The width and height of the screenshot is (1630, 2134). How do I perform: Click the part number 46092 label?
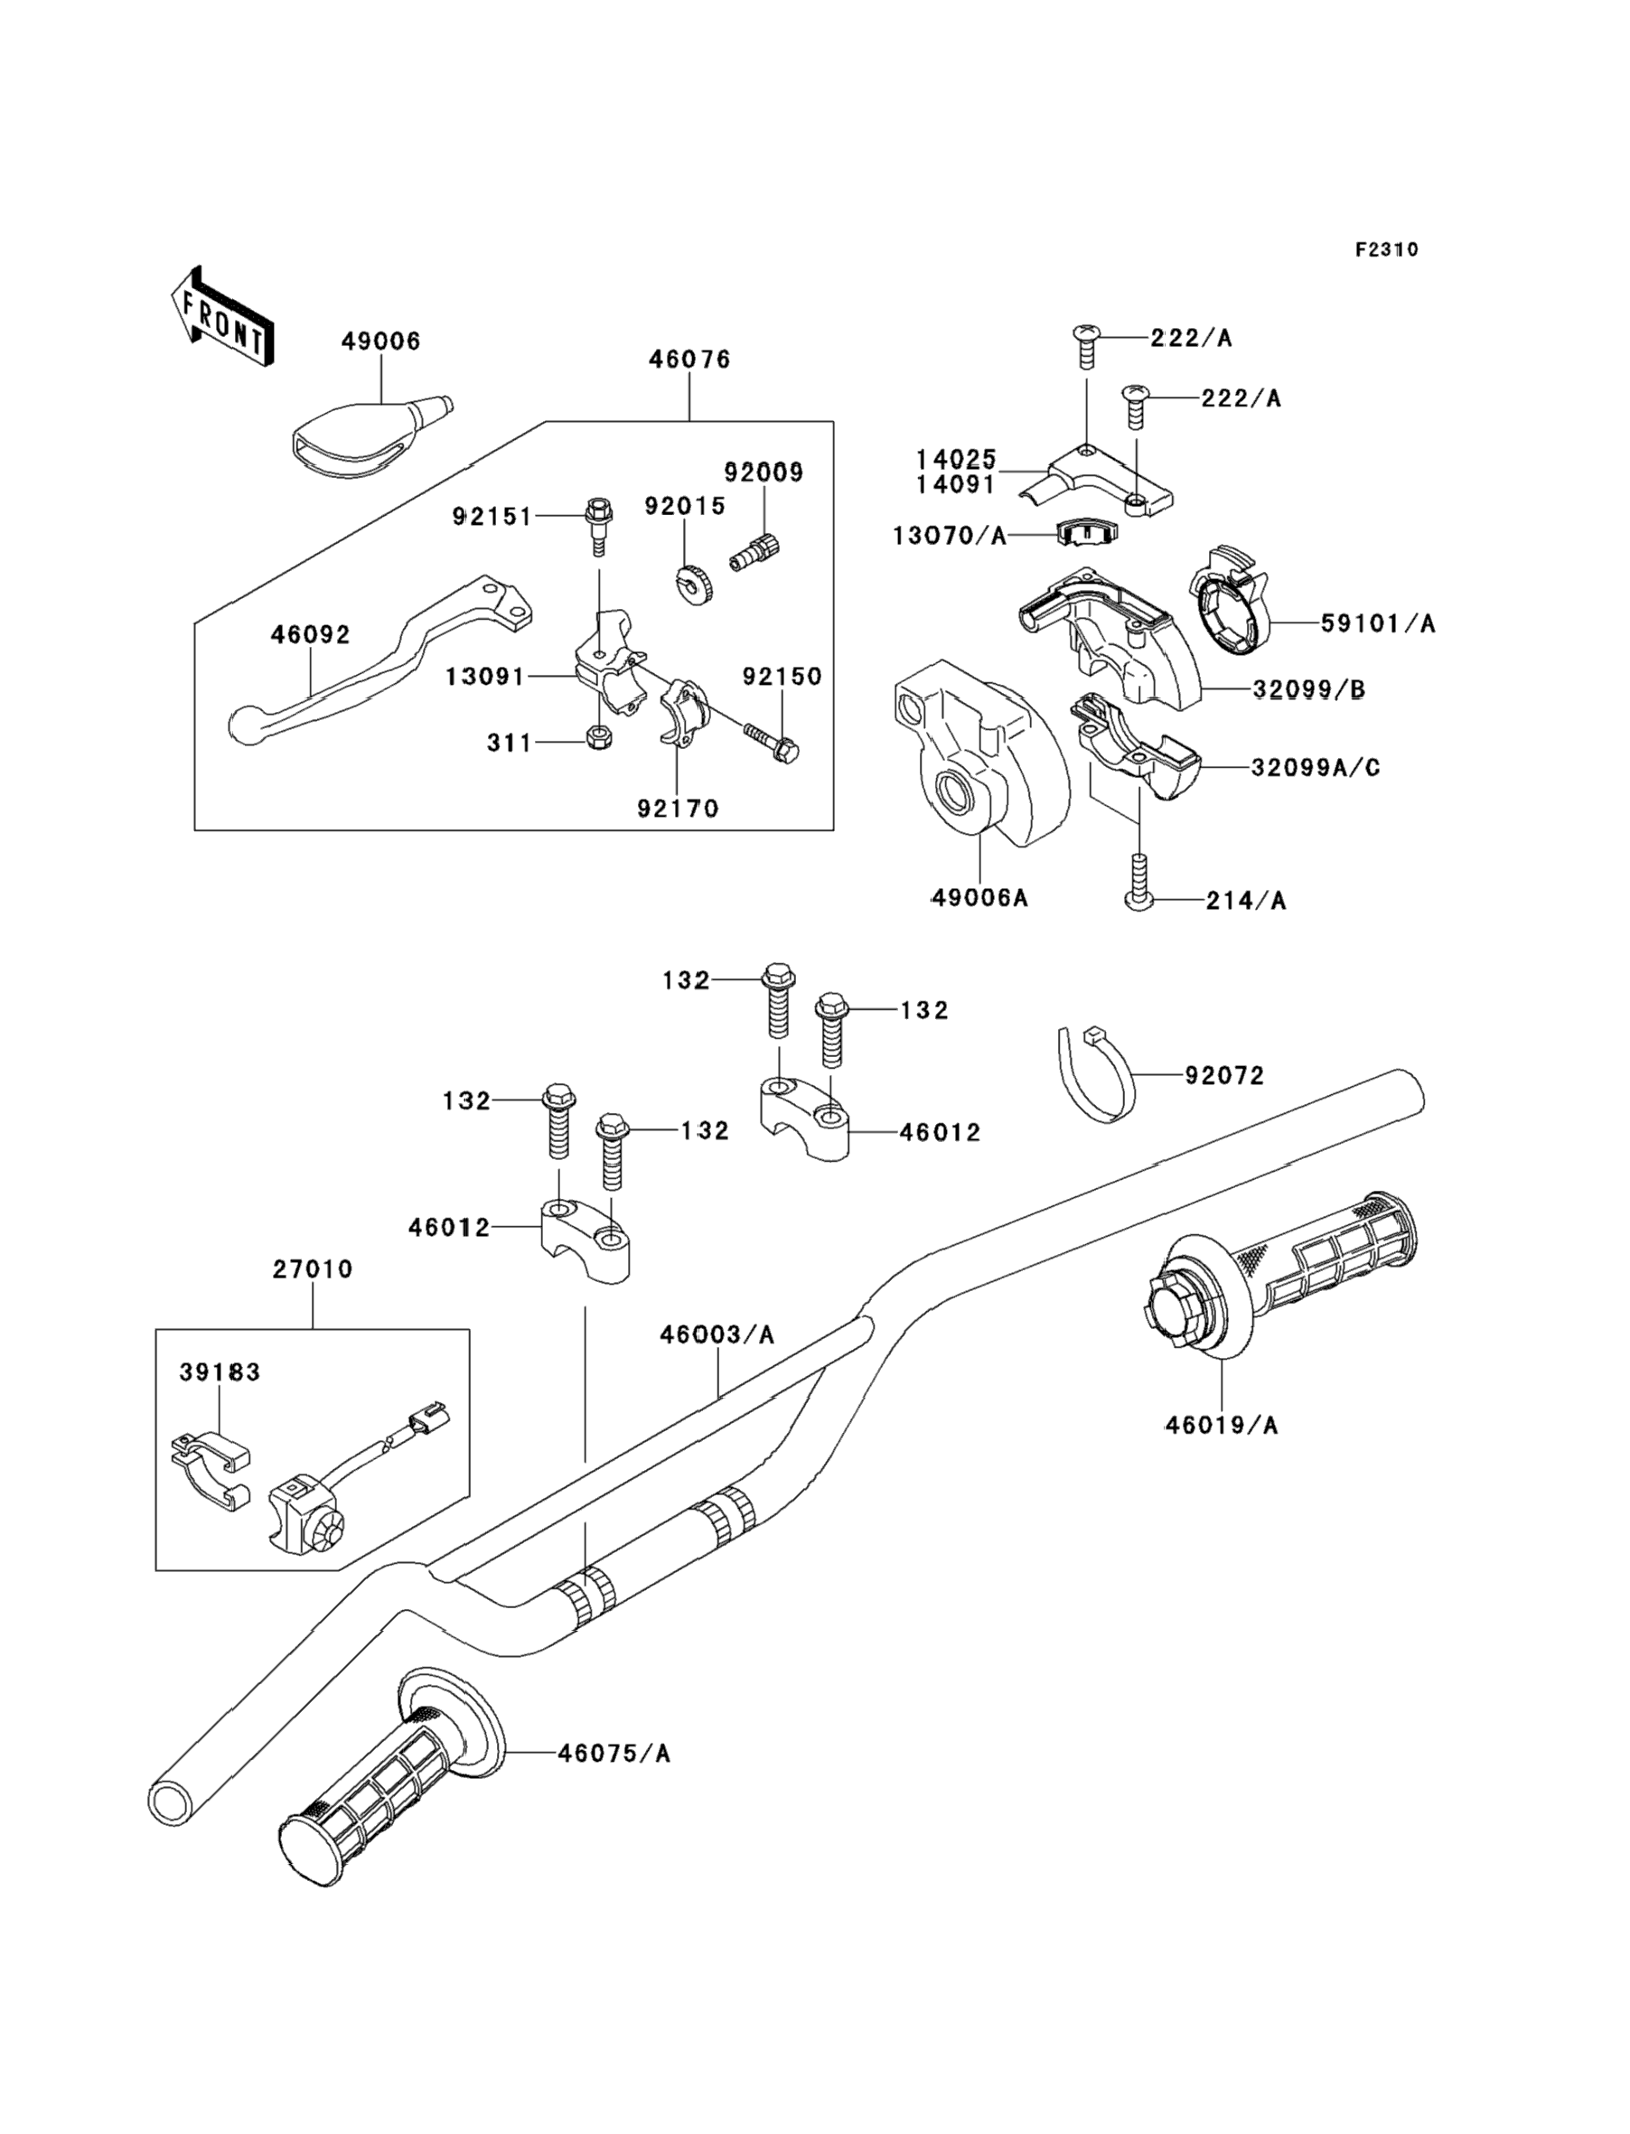coord(311,634)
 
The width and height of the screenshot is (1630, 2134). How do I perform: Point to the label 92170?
coord(679,808)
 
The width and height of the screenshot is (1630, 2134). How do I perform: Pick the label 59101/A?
coord(1378,623)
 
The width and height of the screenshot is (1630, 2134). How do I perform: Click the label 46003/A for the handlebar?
coord(717,1334)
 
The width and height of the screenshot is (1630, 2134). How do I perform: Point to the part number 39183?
coord(220,1372)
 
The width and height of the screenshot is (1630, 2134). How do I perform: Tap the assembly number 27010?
coord(313,1268)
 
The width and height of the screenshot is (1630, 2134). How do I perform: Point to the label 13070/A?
coord(950,536)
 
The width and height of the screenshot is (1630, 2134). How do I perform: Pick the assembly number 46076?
coord(689,359)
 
